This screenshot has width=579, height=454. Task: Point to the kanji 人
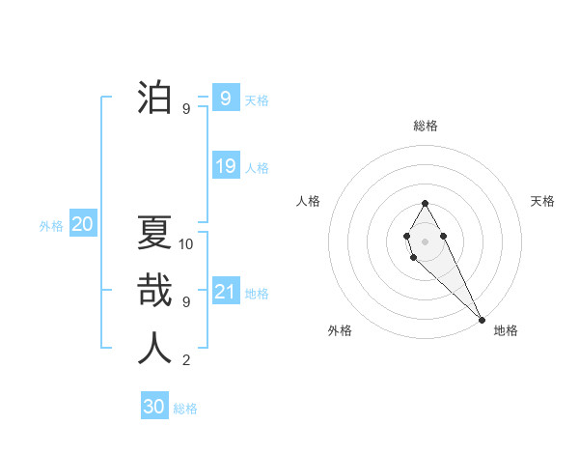[x=154, y=348]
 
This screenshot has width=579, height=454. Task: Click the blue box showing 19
[x=226, y=166]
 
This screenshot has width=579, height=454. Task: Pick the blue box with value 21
[x=226, y=292]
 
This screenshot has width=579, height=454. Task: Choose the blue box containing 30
[x=154, y=407]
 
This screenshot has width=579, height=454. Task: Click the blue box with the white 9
[x=225, y=98]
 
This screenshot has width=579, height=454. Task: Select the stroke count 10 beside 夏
[x=186, y=243]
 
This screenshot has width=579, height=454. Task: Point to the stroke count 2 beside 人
[x=185, y=360]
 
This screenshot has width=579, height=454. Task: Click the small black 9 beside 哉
[x=185, y=301]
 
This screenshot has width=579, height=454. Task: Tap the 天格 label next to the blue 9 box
[x=257, y=100]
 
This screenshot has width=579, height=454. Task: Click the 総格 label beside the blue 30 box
[x=185, y=409]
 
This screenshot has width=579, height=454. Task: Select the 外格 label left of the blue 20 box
[x=51, y=226]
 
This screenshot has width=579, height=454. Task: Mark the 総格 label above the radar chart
[x=425, y=126]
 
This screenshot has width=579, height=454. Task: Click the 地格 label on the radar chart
[x=506, y=330]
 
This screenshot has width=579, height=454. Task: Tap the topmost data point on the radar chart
[x=425, y=203]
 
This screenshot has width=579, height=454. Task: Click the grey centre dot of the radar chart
[x=425, y=240]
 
